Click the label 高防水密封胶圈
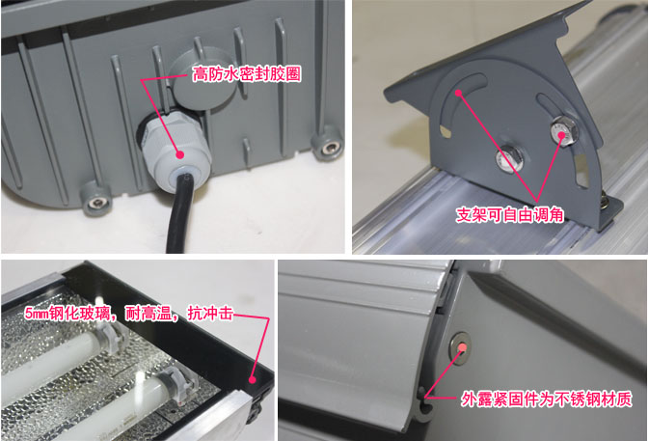coord(247,74)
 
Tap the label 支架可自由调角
coord(510,215)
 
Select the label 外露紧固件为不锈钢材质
coord(547,399)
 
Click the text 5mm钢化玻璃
coord(68,313)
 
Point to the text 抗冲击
coord(210,313)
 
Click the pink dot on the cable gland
coord(179,154)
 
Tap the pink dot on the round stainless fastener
coord(463,347)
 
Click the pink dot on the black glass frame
coord(252,379)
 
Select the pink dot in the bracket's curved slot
coord(458,93)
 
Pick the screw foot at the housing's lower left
coord(96,200)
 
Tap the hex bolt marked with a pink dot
coord(563,131)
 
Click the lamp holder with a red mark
coord(181,386)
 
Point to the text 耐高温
coord(148,313)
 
